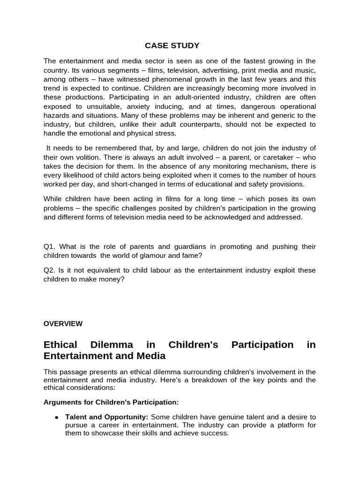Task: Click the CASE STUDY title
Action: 172,45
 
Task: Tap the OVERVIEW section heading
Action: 63,323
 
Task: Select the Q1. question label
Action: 50,247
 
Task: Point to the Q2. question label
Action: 50,270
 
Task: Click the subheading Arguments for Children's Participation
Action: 111,402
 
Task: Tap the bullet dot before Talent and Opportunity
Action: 56,417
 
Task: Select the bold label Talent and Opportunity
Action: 106,417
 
